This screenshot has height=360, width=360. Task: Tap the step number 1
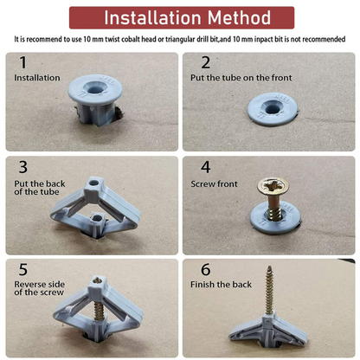(x=22, y=63)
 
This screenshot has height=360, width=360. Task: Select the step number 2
(x=206, y=62)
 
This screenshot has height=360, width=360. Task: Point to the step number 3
(x=22, y=167)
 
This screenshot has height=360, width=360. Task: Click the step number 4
(x=206, y=167)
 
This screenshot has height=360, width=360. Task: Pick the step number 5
(x=22, y=269)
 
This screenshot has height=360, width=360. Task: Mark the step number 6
(x=206, y=269)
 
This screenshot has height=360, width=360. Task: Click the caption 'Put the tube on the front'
(x=241, y=78)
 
